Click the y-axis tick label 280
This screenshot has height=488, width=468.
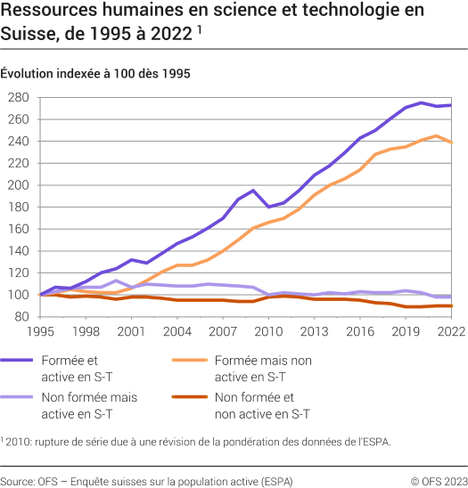[19, 97]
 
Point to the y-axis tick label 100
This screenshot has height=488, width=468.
[19, 295]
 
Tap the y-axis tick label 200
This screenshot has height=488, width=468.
[19, 185]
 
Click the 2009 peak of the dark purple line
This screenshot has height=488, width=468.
[254, 191]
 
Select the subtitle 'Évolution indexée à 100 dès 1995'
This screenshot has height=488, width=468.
[95, 73]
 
